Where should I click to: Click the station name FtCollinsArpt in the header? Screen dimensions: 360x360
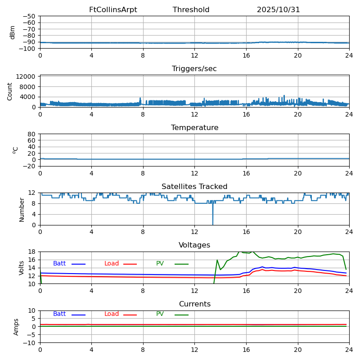coord(113,10)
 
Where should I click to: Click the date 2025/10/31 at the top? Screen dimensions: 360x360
coord(278,10)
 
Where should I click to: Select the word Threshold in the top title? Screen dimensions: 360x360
coord(191,10)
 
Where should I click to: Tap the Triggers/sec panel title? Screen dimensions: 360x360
coord(194,69)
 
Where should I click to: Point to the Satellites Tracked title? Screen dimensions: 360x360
coord(194,187)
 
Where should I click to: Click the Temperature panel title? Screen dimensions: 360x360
coord(194,128)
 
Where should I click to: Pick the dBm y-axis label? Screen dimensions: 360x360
coord(13,32)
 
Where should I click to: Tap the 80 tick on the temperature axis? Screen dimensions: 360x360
coord(32,134)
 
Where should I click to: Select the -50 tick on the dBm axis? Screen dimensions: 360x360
coord(30,16)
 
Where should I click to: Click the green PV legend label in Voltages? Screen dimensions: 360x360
coord(161,264)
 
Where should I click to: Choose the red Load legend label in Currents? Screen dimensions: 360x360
coord(112,314)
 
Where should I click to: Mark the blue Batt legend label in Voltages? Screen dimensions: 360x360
coord(59,264)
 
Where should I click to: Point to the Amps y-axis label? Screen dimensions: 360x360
coord(16,327)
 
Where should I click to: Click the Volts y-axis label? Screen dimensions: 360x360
coord(22,268)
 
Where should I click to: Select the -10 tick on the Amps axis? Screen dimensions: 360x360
coord(30,343)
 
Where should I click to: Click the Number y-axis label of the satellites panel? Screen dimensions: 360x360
coord(22,209)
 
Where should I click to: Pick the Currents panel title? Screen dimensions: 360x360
coord(194,304)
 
